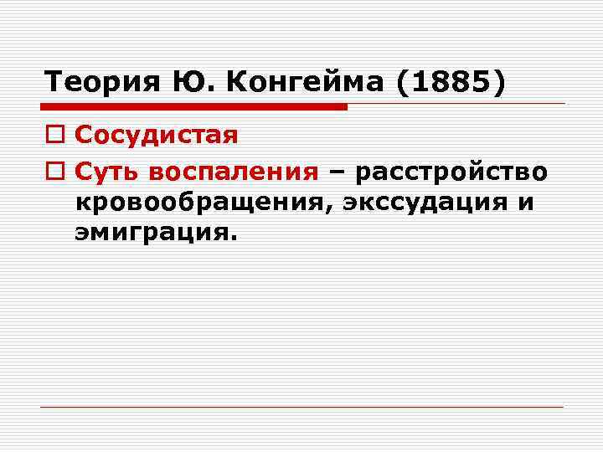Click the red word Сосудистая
(x=157, y=134)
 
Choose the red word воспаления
(x=234, y=172)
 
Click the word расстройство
(x=452, y=172)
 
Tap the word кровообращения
(x=197, y=203)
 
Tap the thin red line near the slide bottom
(x=301, y=407)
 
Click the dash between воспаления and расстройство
(x=338, y=172)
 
